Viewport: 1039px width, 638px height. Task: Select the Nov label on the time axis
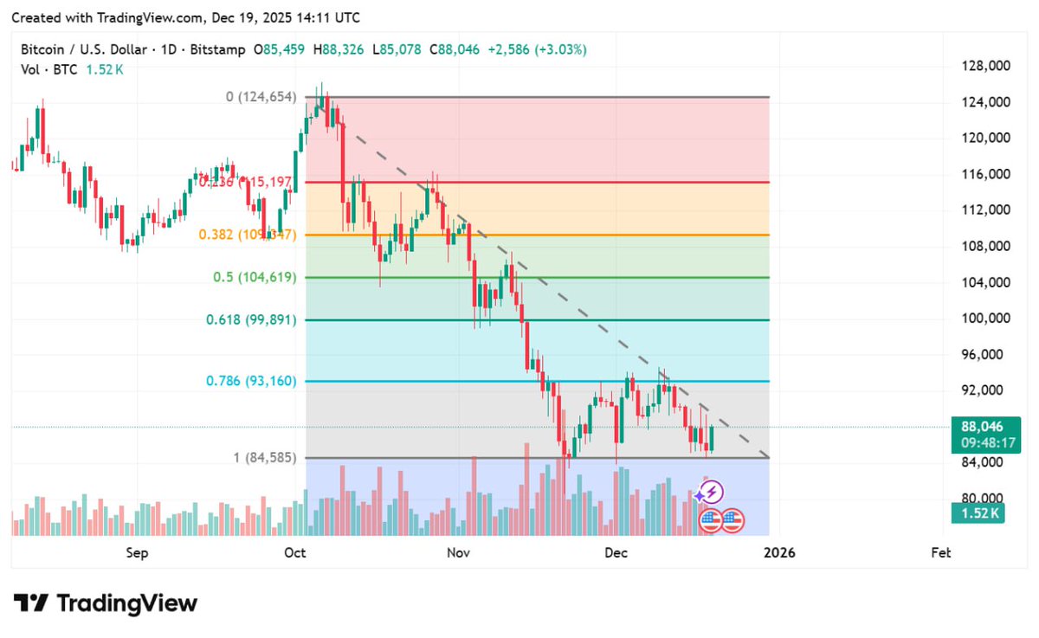coord(460,552)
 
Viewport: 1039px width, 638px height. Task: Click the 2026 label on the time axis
coord(782,552)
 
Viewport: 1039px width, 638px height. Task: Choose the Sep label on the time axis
coord(137,552)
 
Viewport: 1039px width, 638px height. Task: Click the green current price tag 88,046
coord(981,426)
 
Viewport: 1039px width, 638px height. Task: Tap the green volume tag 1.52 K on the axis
coord(980,513)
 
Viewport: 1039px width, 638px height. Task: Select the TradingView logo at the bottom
coord(106,603)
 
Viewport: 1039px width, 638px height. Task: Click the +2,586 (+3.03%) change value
coord(537,50)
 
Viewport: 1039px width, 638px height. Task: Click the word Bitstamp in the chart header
coord(216,50)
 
